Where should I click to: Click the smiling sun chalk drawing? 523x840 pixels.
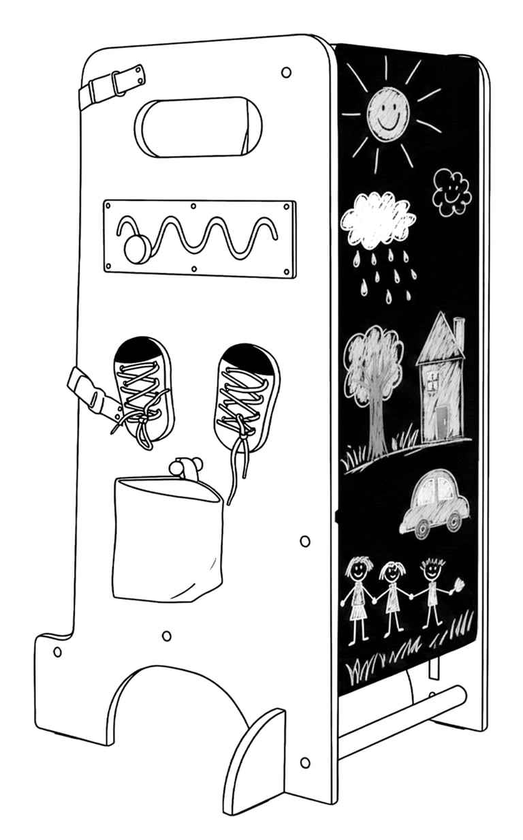[x=388, y=110]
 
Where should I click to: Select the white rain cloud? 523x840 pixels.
[x=378, y=220]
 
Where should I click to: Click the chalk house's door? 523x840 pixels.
[x=443, y=422]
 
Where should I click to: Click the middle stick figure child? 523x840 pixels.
[x=392, y=593]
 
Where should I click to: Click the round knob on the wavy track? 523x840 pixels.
[x=136, y=249]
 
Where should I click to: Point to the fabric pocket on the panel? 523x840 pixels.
[x=168, y=538]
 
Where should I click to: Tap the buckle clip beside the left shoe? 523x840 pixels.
[x=95, y=395]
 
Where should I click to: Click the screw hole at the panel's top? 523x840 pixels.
[x=286, y=72]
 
